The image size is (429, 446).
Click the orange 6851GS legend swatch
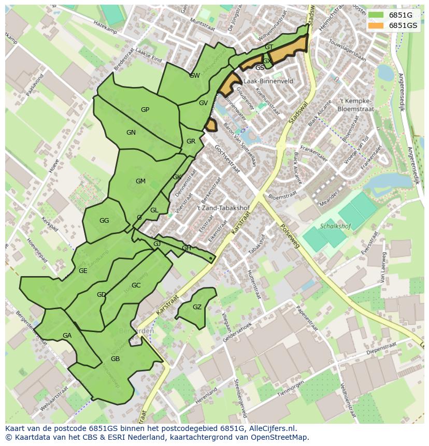[377, 25]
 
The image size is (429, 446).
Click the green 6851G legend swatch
[377, 15]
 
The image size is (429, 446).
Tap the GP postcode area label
[145, 110]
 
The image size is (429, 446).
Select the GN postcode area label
[131, 133]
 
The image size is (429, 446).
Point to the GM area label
[140, 181]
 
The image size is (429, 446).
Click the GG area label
[104, 221]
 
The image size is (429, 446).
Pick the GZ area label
[197, 307]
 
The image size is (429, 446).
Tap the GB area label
[115, 359]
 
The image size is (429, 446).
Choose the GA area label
[67, 336]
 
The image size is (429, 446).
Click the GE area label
[83, 271]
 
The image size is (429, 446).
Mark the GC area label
[136, 285]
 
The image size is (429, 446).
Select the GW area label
[194, 76]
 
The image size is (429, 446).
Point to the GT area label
[269, 47]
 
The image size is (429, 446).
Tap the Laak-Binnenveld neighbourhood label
[268, 81]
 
